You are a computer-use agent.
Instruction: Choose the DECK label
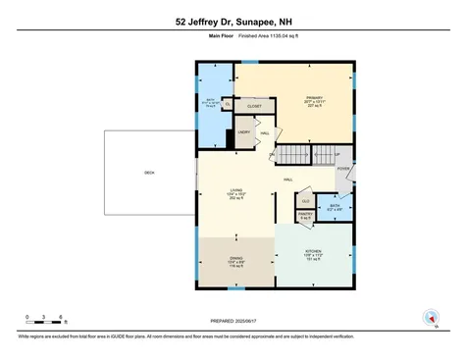[x=149, y=173]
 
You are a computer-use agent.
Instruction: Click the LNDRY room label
[x=244, y=132]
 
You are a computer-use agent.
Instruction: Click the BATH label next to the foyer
[x=335, y=206]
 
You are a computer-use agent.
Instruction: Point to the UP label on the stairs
[x=337, y=154]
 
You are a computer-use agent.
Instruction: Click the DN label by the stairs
[x=272, y=154]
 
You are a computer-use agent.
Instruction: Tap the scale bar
[x=45, y=324]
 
